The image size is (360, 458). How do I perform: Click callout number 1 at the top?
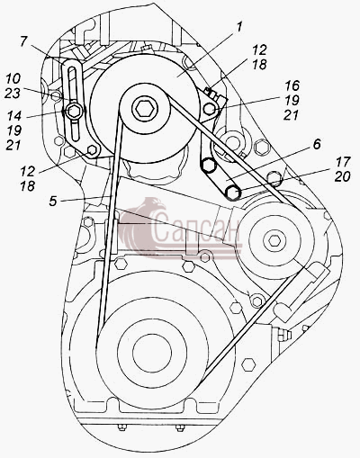pyautogui.click(x=238, y=28)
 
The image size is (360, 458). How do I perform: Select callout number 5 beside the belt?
pyautogui.click(x=53, y=201)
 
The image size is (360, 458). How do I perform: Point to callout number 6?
pyautogui.click(x=317, y=144)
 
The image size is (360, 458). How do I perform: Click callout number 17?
pyautogui.click(x=342, y=162)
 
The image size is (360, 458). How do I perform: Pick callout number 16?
pyautogui.click(x=292, y=85)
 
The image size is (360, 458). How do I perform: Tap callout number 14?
pyautogui.click(x=13, y=115)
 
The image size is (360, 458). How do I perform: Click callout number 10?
pyautogui.click(x=13, y=78)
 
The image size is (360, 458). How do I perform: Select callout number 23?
pyautogui.click(x=13, y=93)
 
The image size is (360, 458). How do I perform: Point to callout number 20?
pyautogui.click(x=342, y=176)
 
